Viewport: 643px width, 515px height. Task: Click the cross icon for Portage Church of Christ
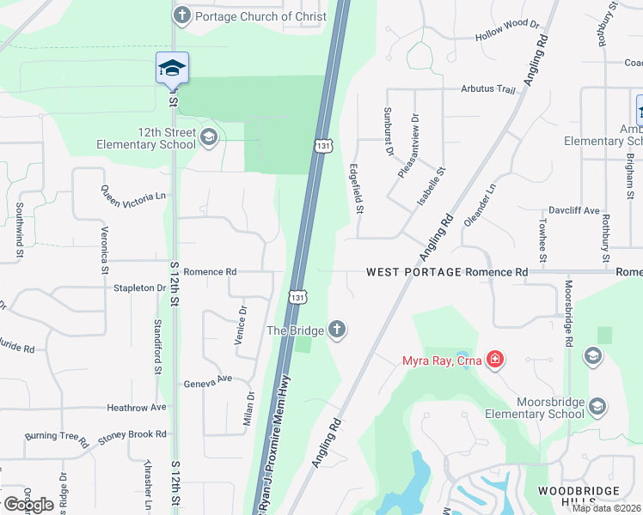[x=181, y=15]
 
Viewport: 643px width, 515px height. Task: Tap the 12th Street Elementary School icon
[x=208, y=136]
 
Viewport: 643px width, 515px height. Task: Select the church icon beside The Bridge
[x=337, y=330]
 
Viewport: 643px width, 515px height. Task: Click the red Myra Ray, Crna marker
[x=494, y=359]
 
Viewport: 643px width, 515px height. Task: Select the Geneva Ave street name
[x=208, y=379]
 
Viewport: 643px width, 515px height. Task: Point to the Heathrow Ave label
[x=136, y=408]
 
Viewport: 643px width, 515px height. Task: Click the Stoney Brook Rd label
[x=131, y=436]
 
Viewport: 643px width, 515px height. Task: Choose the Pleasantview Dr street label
[x=407, y=147]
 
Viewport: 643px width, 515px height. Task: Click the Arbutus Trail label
[x=488, y=89]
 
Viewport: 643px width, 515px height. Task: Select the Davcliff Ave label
[x=574, y=210]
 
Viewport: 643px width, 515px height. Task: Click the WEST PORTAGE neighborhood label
[x=413, y=272]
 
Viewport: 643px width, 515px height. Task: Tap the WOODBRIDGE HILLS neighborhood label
[x=578, y=496]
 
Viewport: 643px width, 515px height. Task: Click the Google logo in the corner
[x=28, y=505]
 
